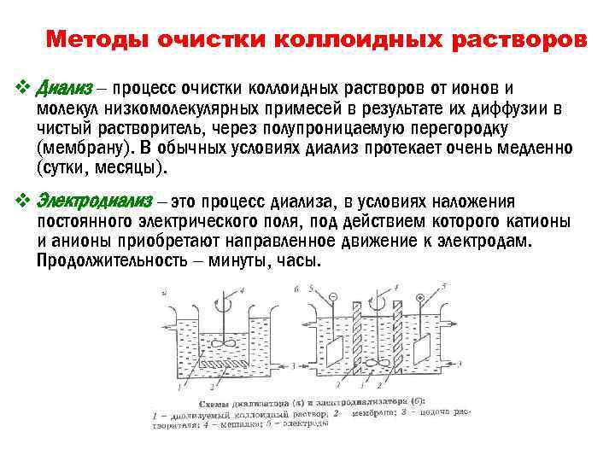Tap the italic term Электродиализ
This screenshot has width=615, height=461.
click(94, 201)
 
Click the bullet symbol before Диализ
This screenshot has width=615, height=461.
click(23, 88)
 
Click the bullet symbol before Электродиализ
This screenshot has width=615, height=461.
click(23, 201)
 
